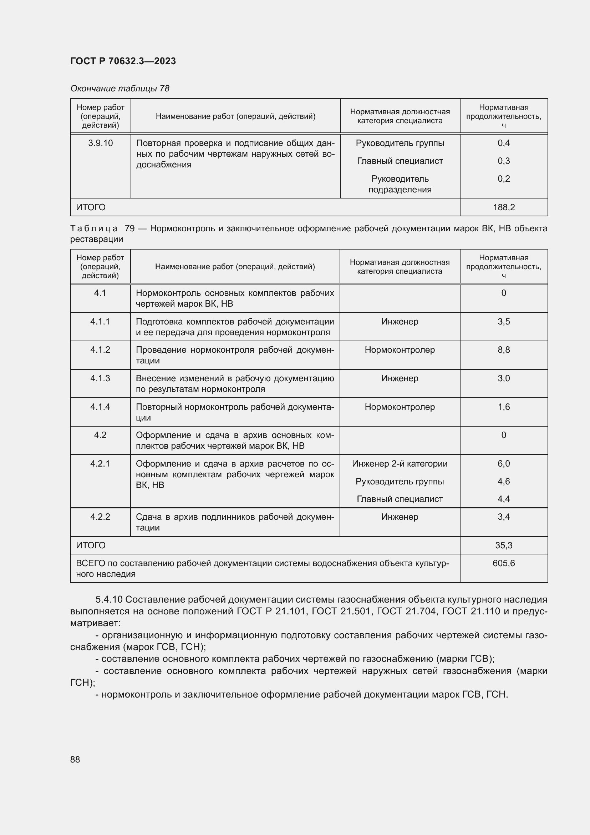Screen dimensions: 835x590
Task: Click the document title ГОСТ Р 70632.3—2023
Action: (123, 61)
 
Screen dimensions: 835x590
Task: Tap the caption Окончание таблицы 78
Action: (120, 89)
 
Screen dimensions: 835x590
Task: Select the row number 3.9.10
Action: (100, 143)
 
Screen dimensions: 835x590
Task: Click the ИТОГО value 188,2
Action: (504, 207)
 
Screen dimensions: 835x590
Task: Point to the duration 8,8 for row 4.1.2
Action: (504, 350)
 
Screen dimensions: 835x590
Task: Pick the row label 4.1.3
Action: (100, 378)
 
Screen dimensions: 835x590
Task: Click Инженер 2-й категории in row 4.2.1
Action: (400, 464)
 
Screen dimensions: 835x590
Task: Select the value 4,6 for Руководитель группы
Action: (504, 482)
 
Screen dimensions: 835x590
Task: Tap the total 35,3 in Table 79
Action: (504, 545)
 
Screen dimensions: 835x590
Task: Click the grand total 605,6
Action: (504, 563)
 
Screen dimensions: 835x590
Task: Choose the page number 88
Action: (75, 759)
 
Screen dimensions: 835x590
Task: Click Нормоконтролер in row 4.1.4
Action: (400, 407)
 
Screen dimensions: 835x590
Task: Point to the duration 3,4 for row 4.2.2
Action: (504, 517)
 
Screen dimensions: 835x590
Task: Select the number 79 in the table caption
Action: (129, 228)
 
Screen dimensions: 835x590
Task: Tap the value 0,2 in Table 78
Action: (504, 178)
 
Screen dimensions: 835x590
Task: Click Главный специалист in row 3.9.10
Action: (400, 161)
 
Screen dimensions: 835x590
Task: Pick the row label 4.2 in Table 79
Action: (100, 435)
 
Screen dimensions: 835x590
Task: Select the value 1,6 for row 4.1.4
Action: (504, 407)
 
